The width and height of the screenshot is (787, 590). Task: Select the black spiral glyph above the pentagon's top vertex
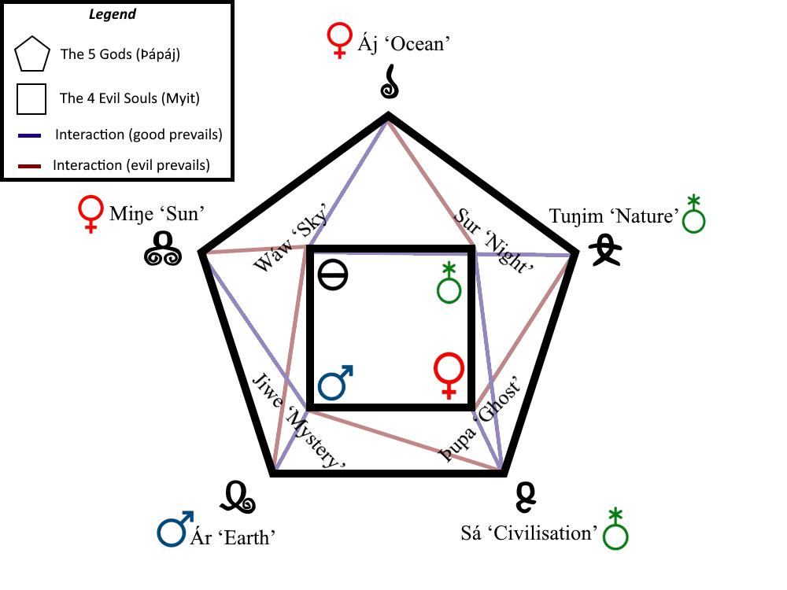(x=389, y=83)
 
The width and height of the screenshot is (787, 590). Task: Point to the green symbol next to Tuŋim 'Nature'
(x=693, y=214)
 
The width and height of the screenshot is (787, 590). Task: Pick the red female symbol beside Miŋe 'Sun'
(x=91, y=213)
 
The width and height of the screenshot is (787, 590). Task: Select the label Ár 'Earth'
(x=233, y=538)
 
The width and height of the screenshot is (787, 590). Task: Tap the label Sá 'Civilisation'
(x=529, y=533)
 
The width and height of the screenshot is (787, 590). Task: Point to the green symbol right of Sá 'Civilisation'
(x=616, y=529)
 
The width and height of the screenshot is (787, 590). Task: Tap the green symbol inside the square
(x=449, y=284)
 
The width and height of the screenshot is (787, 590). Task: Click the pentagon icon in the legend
(x=32, y=55)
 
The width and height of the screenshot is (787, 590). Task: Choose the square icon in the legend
(x=32, y=99)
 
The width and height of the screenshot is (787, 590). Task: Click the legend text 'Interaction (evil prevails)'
(x=131, y=166)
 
